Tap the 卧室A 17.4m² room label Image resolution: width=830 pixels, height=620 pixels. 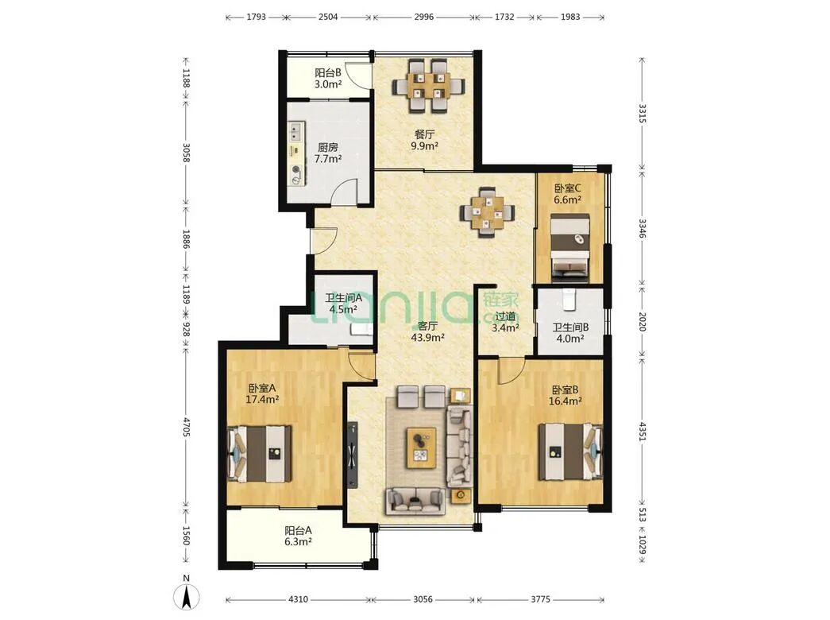pos(262,393)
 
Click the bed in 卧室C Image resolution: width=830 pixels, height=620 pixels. pos(570,247)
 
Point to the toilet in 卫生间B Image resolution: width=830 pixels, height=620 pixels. pos(569,300)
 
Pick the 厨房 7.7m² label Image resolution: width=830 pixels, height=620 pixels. pos(328,153)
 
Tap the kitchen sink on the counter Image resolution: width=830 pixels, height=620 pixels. pos(295,131)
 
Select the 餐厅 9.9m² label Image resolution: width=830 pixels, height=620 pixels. pos(424,140)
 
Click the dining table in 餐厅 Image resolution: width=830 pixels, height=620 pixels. pos(428,85)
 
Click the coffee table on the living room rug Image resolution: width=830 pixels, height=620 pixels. pos(421,448)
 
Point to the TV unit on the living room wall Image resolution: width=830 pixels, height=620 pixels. pos(353,455)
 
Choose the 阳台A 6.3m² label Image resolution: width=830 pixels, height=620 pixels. pos(298,536)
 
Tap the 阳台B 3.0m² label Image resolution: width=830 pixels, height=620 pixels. pos(328,78)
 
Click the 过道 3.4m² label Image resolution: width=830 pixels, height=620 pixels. pos(505,322)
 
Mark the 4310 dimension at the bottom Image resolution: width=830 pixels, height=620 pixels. pos(298,599)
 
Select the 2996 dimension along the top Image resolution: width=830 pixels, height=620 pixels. pos(424,17)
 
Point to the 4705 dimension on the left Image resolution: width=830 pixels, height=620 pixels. pos(186,427)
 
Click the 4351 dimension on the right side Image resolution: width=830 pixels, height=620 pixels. pos(642,432)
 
